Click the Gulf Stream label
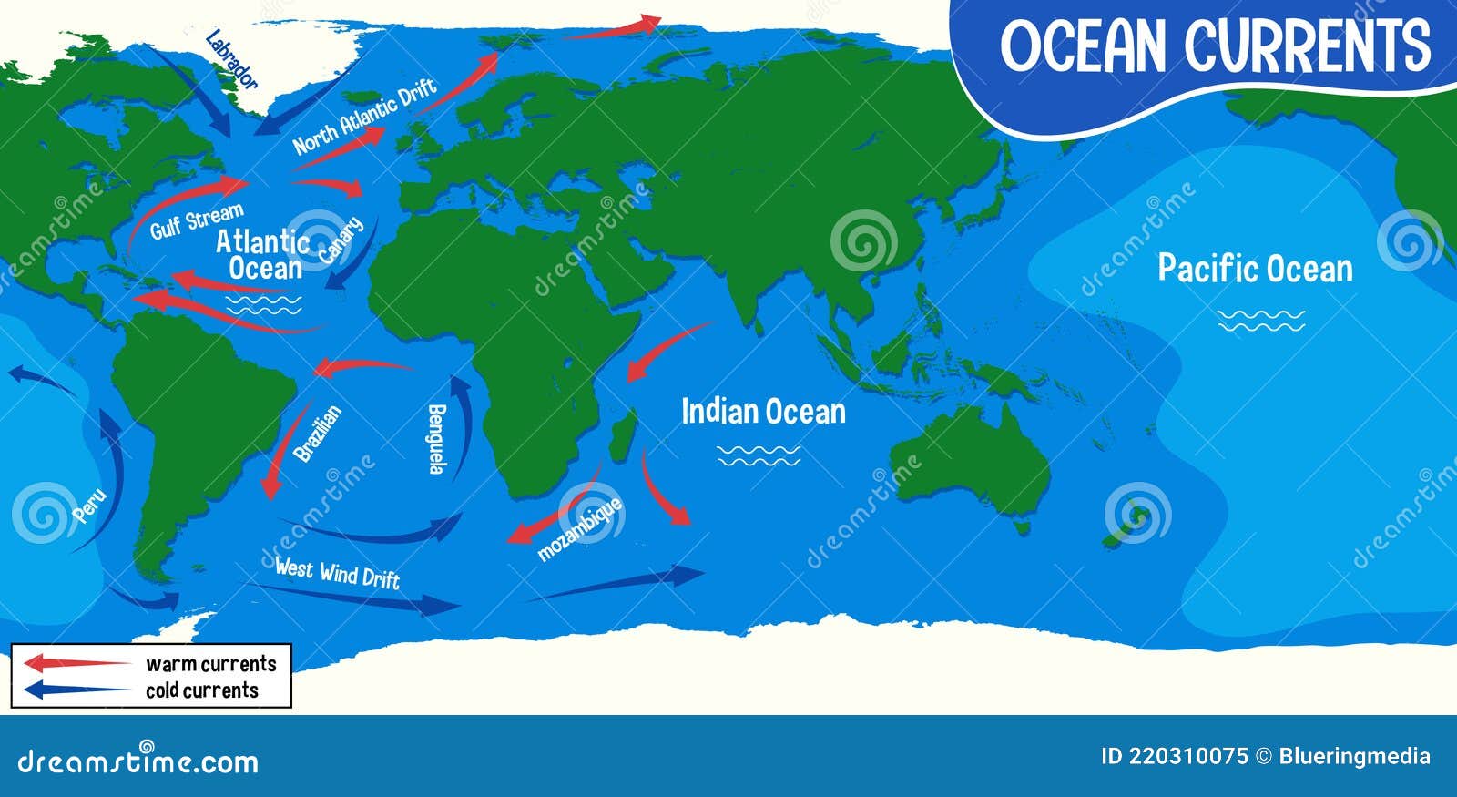[x=197, y=221]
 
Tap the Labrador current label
[x=231, y=59]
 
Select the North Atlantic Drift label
[x=365, y=117]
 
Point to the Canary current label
[x=341, y=240]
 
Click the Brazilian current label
[x=318, y=433]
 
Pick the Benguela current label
[x=437, y=438]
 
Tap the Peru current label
[x=89, y=506]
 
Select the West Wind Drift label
[x=337, y=572]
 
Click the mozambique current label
[x=580, y=528]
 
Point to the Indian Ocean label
[x=763, y=412]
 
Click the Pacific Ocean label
[x=1255, y=269]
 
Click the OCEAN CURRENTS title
[x=1216, y=46]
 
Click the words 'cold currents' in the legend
[x=202, y=690]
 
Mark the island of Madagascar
[x=622, y=435]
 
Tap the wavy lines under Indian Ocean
[x=759, y=455]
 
